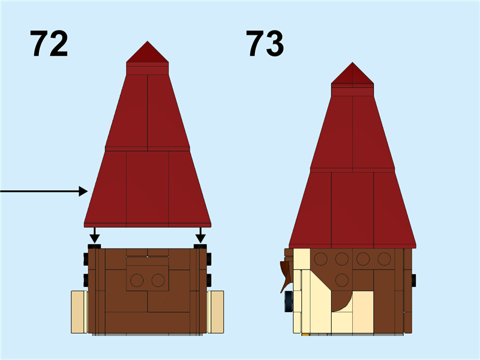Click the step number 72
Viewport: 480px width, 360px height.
pos(49,44)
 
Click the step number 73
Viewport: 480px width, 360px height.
pos(265,44)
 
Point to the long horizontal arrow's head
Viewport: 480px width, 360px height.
pos(85,191)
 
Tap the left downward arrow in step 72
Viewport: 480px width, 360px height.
pos(94,236)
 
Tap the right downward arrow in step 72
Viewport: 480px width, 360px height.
pos(200,236)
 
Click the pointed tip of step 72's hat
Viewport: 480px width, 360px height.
pos(147,44)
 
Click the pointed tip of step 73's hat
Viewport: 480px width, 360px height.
pos(352,65)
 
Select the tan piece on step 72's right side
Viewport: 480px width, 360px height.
pos(216,311)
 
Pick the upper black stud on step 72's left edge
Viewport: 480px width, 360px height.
pos(86,259)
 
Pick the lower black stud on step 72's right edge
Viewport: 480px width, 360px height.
pos(208,280)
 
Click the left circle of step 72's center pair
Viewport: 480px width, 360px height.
pos(137,280)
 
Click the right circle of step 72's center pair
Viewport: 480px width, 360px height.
pos(158,280)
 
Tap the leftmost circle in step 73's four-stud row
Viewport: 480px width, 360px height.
pos(321,259)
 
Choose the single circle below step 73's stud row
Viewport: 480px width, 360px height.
pos(342,280)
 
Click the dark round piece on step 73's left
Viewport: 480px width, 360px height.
pos(289,300)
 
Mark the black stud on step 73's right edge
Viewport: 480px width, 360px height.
pos(413,280)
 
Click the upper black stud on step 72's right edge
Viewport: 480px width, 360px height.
pos(208,259)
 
